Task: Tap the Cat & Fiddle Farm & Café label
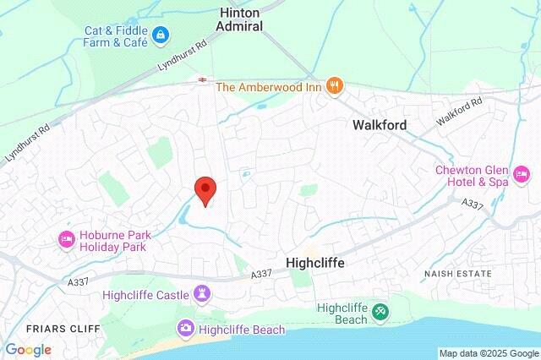[x=117, y=36]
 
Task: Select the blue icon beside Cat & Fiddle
[x=161, y=35]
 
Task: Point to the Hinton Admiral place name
[x=241, y=19]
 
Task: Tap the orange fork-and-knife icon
[x=336, y=85]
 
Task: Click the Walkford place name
[x=380, y=125]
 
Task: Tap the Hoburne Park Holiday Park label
[x=112, y=241]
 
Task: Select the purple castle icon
[x=201, y=294]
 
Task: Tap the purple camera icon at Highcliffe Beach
[x=184, y=327]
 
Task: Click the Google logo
[x=28, y=349]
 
